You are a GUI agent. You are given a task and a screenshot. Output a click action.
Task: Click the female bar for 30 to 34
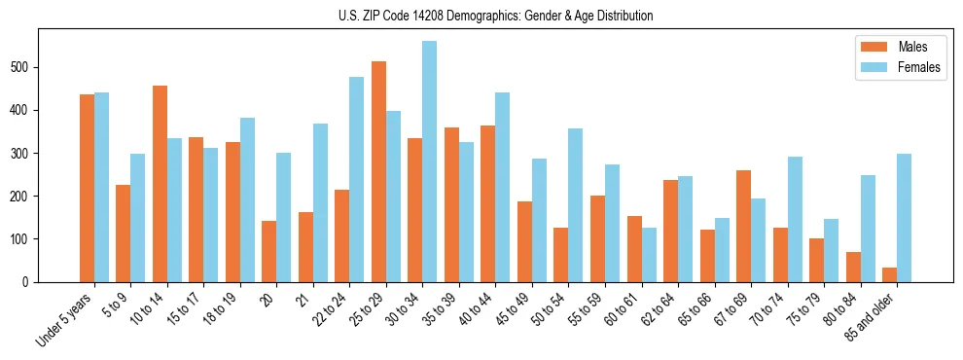429,162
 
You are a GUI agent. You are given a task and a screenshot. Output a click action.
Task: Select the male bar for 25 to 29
378,171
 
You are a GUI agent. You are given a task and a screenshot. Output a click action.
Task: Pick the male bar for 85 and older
889,274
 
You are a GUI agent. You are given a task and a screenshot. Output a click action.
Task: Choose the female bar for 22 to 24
356,179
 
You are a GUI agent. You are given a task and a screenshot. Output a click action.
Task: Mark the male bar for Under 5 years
87,188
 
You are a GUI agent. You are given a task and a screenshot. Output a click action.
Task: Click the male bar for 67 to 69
743,226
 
